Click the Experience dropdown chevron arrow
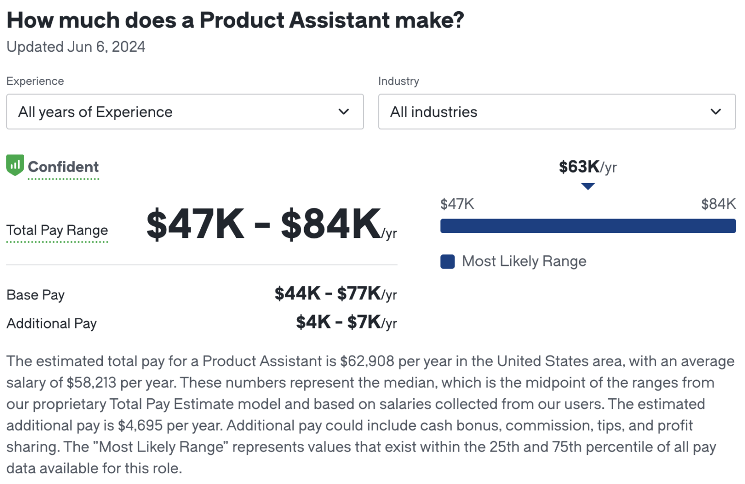point(343,112)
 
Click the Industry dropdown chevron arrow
point(715,112)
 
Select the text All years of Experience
point(95,112)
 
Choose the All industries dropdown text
point(434,112)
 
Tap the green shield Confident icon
point(15,165)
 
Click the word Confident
point(63,167)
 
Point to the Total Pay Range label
point(57,230)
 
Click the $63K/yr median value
point(587,167)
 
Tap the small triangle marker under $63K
point(588,187)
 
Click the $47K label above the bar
point(457,204)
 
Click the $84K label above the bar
point(718,204)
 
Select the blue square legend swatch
point(447,262)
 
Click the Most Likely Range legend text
point(524,262)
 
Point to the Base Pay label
point(35,295)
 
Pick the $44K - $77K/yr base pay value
point(335,294)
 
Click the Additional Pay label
point(51,323)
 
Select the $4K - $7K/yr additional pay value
point(346,322)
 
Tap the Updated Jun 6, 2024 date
point(76,47)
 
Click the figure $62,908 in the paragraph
point(367,361)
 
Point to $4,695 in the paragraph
point(140,425)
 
